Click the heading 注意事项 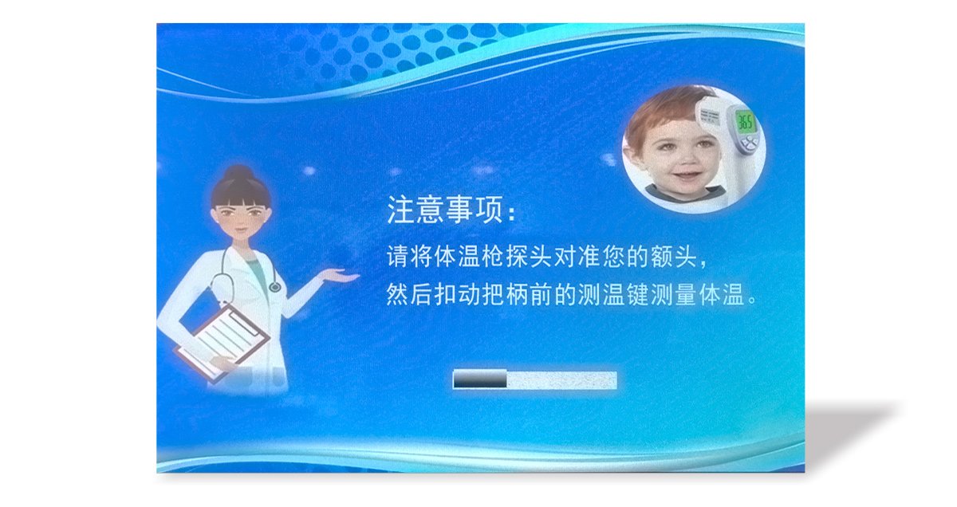[x=445, y=210]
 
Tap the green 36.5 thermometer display [x=746, y=122]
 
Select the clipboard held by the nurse [x=222, y=341]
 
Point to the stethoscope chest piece [x=274, y=286]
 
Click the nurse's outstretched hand [x=339, y=276]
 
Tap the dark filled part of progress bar [x=480, y=379]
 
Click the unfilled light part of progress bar [x=561, y=379]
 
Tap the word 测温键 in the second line [x=613, y=295]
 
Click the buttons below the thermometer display [x=749, y=142]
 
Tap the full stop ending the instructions [x=751, y=301]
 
